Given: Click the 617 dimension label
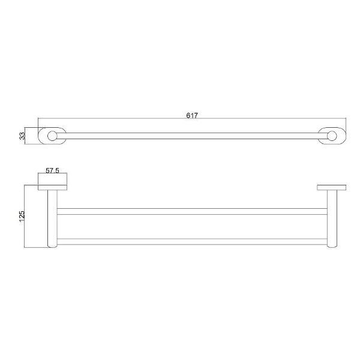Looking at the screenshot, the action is coord(192,115).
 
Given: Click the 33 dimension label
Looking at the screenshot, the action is coord(22,136).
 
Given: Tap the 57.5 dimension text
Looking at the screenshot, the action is coord(52,170).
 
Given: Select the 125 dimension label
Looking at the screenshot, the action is coord(22,216).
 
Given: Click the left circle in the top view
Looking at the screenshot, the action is coord(52,136).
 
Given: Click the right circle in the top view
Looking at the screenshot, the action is coord(332,136).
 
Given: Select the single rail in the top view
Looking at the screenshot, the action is coord(192,136).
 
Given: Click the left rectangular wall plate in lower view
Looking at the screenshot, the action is coord(52,188).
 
